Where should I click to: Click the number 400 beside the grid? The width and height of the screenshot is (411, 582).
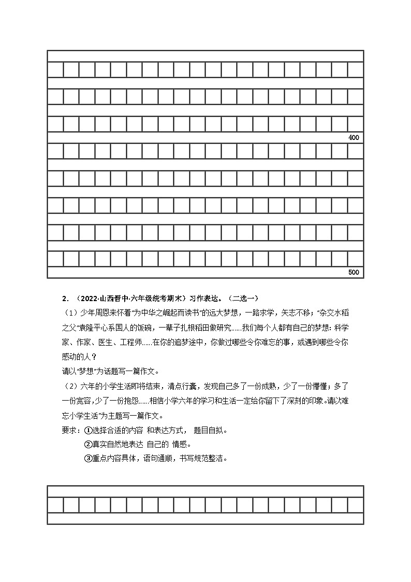tap(354, 138)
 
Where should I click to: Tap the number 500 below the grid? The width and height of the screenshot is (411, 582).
tap(354, 273)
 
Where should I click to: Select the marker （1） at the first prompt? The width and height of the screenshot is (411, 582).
tap(69, 313)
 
